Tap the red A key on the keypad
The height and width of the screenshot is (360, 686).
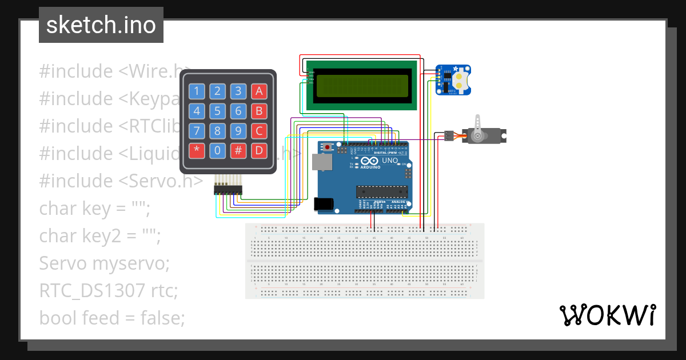[259, 91]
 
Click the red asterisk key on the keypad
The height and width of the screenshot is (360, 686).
[197, 151]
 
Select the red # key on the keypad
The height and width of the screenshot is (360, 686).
[238, 151]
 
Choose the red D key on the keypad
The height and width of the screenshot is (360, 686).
[259, 151]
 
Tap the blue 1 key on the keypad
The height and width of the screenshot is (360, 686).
[197, 91]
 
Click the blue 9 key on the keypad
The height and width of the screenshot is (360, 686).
[238, 131]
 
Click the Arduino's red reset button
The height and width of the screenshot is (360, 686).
[327, 147]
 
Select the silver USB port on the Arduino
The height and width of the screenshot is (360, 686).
[322, 162]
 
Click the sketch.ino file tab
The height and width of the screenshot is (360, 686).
[101, 25]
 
